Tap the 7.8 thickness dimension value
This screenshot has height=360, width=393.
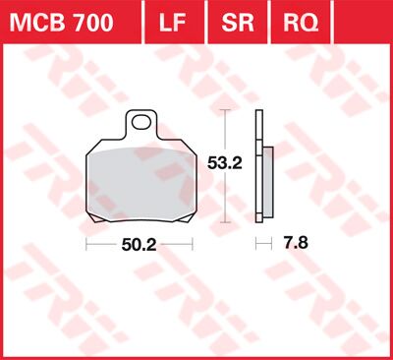tap(293, 241)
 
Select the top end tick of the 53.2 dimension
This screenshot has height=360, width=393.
tap(229, 110)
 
